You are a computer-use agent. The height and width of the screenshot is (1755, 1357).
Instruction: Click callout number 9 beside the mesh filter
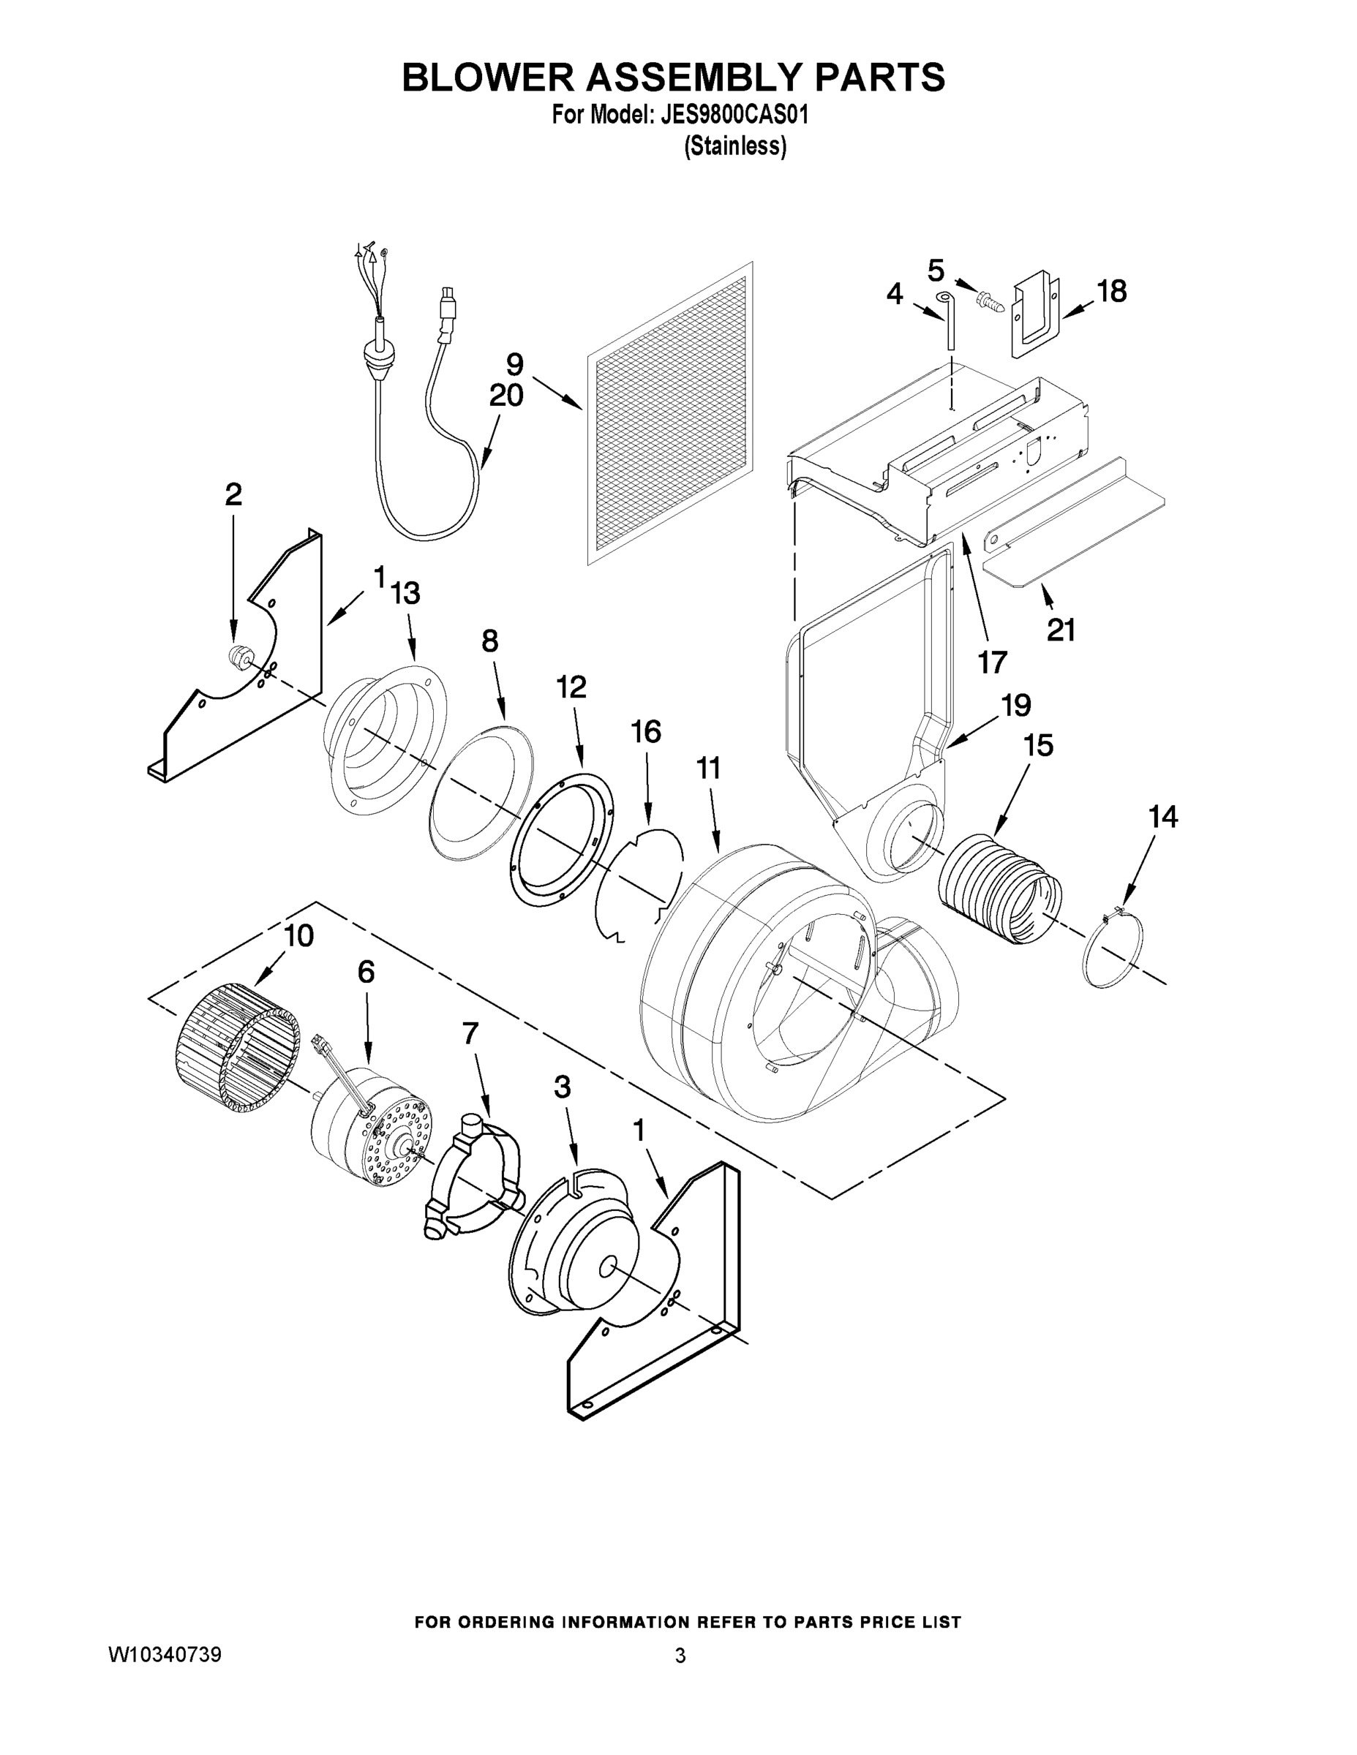pos(514,364)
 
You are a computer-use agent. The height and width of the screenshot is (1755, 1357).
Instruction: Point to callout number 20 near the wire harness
pos(505,396)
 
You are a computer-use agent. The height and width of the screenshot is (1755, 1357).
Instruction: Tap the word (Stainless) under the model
pos(734,146)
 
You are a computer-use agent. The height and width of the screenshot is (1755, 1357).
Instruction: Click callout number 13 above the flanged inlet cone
pos(405,593)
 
